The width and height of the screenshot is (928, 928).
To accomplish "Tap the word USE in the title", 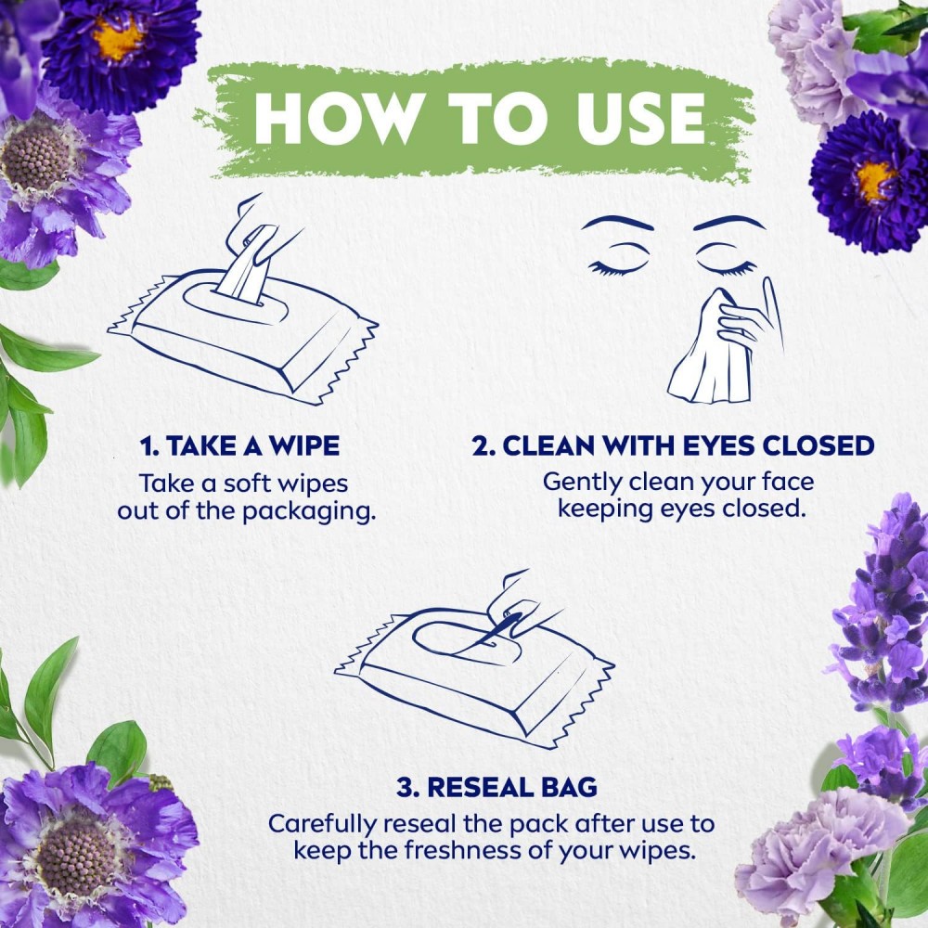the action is [x=640, y=118].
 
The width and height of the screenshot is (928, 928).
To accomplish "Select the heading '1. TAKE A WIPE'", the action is [x=239, y=445].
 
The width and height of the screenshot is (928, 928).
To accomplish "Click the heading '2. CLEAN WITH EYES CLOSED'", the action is [x=673, y=445].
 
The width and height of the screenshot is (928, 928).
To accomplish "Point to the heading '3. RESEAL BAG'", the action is [x=496, y=787].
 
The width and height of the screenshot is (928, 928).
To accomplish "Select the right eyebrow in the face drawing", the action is [x=729, y=223].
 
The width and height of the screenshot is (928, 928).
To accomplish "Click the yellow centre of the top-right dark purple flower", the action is [x=875, y=180].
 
